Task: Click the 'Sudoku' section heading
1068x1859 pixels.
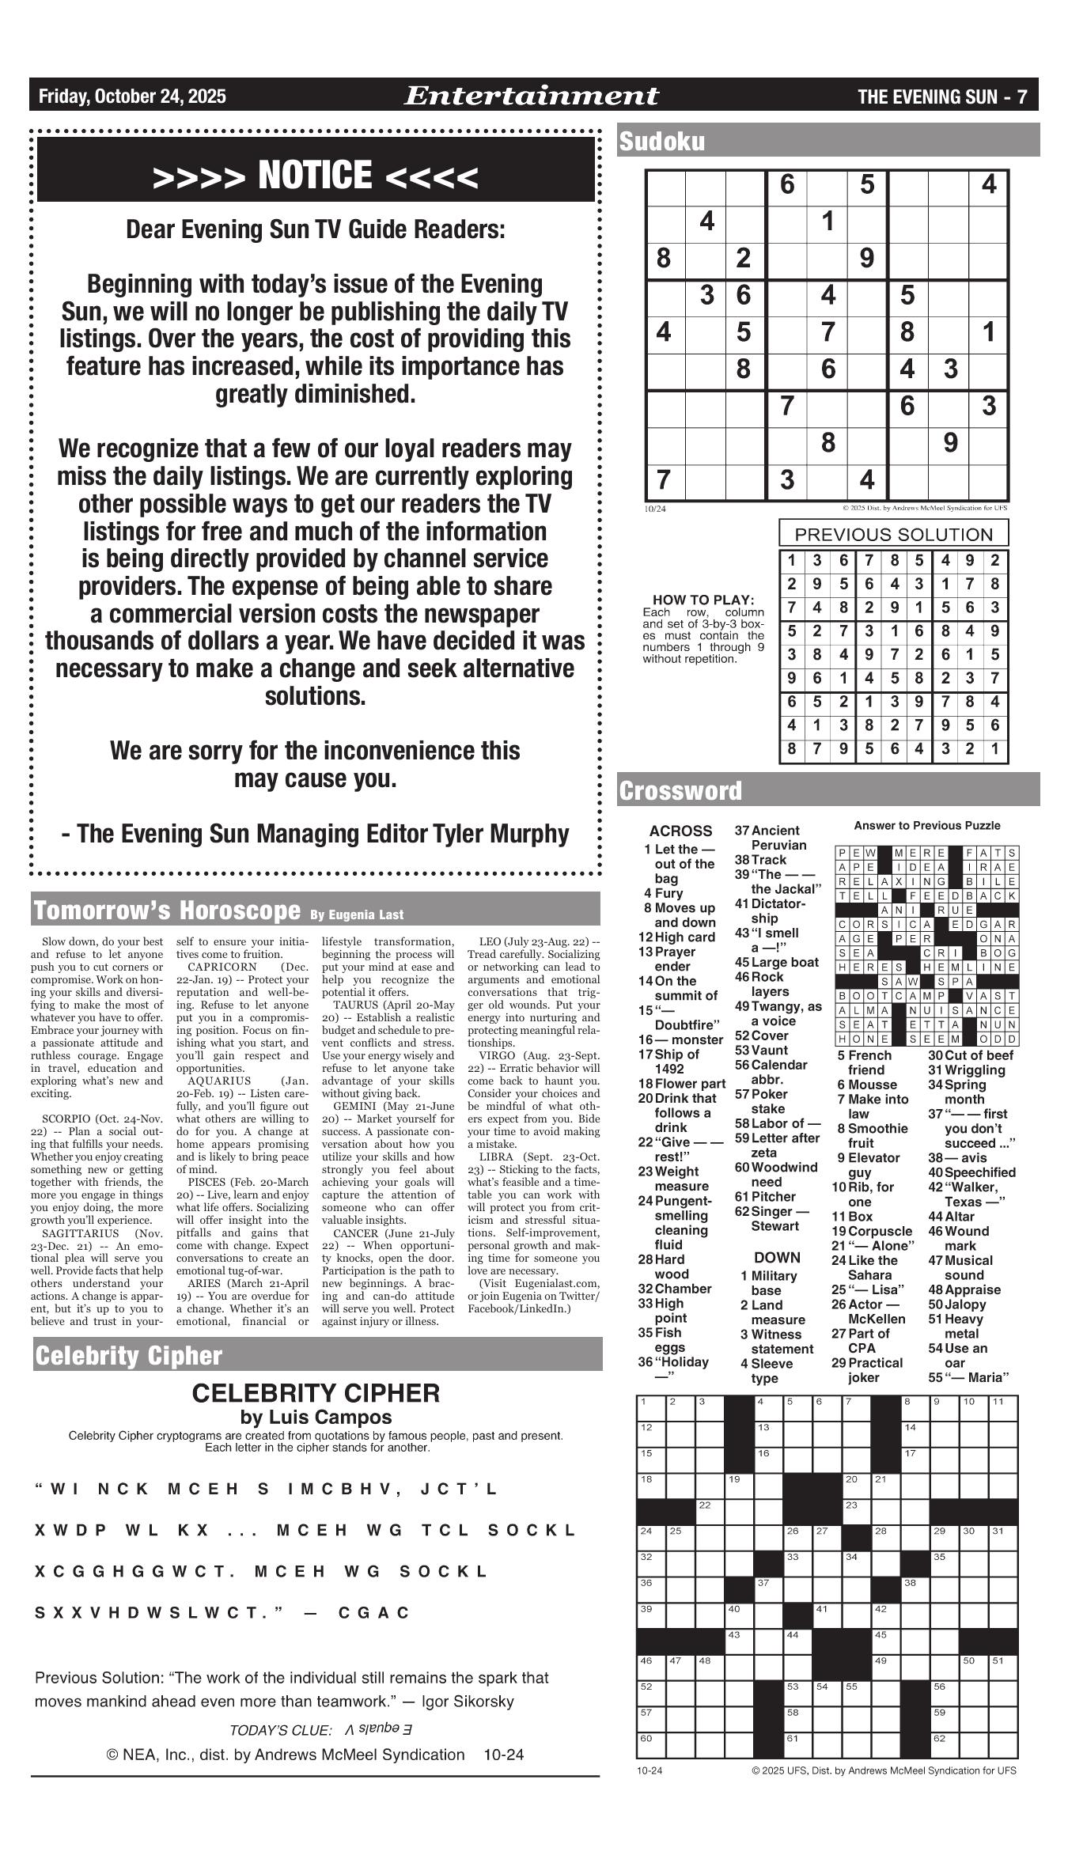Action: (662, 142)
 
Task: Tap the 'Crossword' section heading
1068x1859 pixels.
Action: (680, 791)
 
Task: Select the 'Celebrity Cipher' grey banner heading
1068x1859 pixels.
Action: (128, 1355)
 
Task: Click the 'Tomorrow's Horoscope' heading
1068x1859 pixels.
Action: (166, 911)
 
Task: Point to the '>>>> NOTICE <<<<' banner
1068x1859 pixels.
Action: (316, 176)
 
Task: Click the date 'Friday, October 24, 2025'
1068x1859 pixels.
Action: (132, 97)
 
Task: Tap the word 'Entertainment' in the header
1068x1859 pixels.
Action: (531, 97)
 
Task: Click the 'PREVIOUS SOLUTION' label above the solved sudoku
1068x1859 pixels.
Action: (893, 534)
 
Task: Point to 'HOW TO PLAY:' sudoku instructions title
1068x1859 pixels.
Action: (703, 600)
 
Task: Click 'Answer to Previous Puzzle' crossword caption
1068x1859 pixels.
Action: (926, 826)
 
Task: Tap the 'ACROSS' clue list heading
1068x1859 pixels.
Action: (680, 831)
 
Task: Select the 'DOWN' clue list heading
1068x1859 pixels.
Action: (777, 1258)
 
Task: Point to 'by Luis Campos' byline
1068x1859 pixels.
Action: (316, 1417)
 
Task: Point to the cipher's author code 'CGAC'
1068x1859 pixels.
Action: (374, 1612)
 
